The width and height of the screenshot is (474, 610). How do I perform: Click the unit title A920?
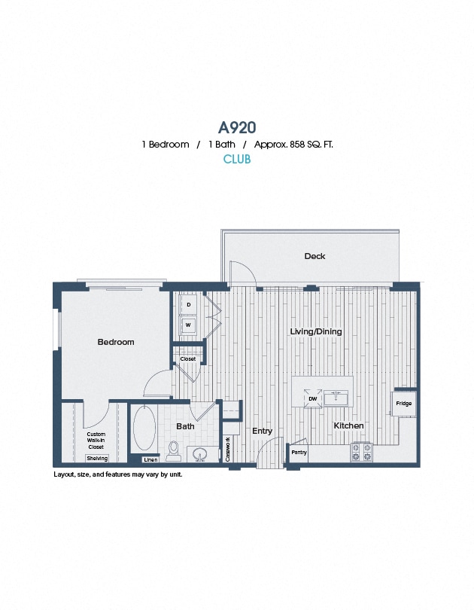(237, 127)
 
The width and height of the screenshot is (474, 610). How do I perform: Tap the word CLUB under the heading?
(237, 160)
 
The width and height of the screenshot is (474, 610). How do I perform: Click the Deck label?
(314, 256)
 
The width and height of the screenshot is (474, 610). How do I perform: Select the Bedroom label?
(116, 342)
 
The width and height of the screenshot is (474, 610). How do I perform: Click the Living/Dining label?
(316, 331)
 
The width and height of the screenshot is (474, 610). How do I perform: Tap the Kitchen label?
(348, 425)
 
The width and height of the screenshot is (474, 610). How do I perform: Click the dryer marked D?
(188, 305)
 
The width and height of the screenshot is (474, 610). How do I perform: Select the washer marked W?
(188, 325)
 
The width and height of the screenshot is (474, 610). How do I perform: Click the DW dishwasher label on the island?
(312, 398)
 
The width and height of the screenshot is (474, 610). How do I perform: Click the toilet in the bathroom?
(174, 450)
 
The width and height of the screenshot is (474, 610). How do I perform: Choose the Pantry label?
(299, 453)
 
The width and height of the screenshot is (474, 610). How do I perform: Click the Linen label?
(150, 459)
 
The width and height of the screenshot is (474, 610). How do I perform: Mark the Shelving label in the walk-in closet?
(97, 458)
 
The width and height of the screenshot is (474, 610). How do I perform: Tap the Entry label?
(262, 431)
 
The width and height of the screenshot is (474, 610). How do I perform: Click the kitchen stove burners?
(361, 452)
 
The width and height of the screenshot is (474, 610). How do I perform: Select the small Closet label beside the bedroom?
(188, 359)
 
